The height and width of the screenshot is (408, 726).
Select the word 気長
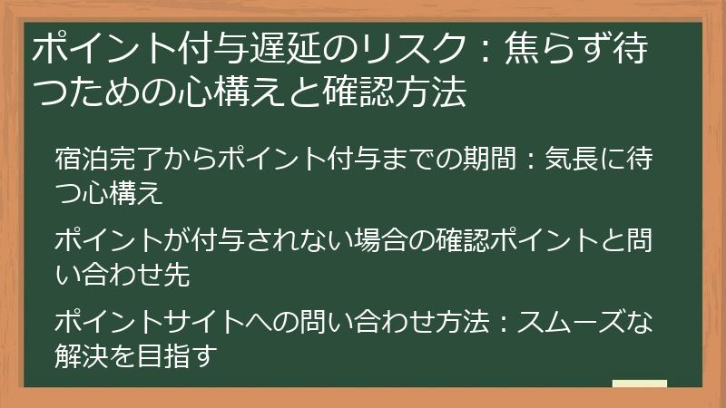(570, 160)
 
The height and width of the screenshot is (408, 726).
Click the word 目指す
(173, 355)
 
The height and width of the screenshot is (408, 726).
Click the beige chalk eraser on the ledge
(640, 385)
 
